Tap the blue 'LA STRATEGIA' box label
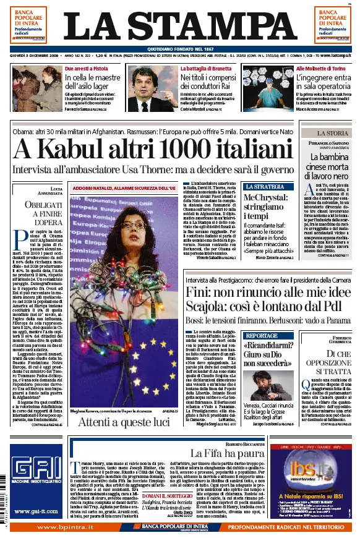265,186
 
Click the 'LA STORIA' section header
332,133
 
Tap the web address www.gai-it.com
35,511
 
